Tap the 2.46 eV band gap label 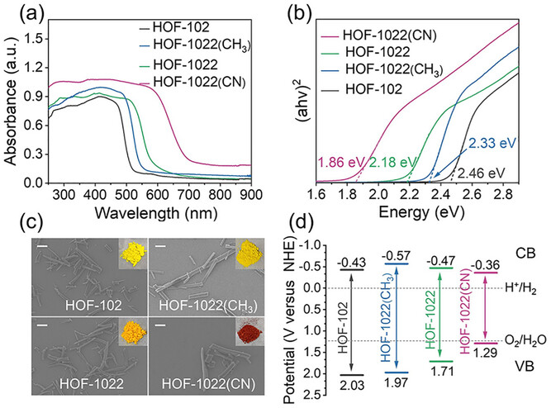482,173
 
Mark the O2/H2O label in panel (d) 525,340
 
